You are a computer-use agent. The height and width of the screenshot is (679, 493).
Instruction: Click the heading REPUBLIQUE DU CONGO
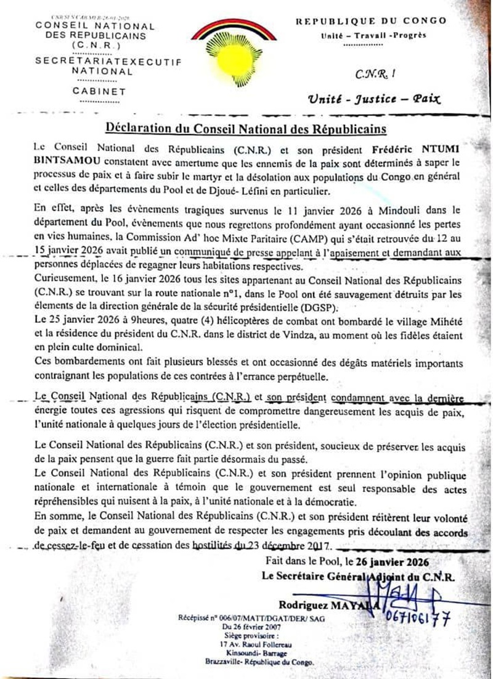(371, 21)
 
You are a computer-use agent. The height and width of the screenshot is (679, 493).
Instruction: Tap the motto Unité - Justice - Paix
(375, 98)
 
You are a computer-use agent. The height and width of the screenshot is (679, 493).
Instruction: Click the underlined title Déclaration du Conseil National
(246, 129)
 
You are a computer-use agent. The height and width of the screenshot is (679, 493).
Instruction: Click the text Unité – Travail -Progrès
(373, 35)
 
